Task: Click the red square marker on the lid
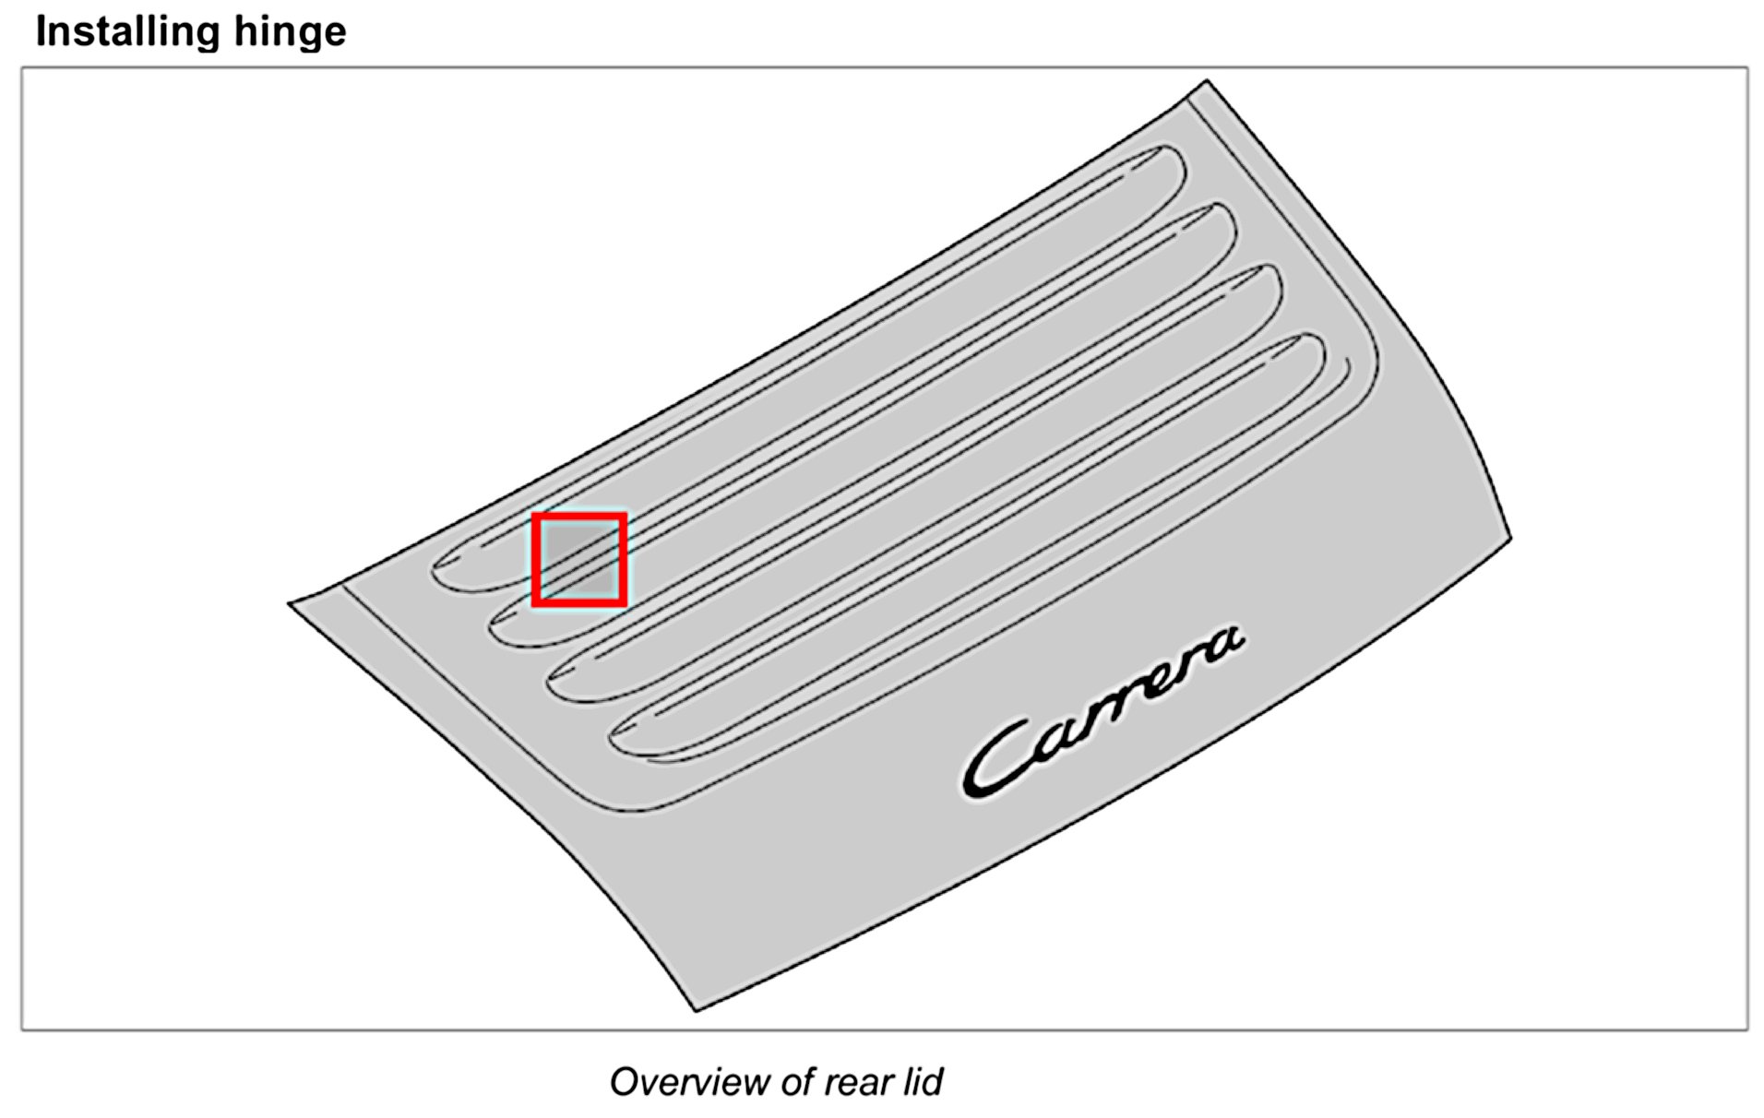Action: click(579, 560)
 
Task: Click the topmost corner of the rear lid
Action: click(1206, 82)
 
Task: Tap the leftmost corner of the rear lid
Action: click(290, 604)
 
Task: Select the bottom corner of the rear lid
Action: click(697, 1010)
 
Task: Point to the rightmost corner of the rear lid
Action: click(1509, 538)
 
